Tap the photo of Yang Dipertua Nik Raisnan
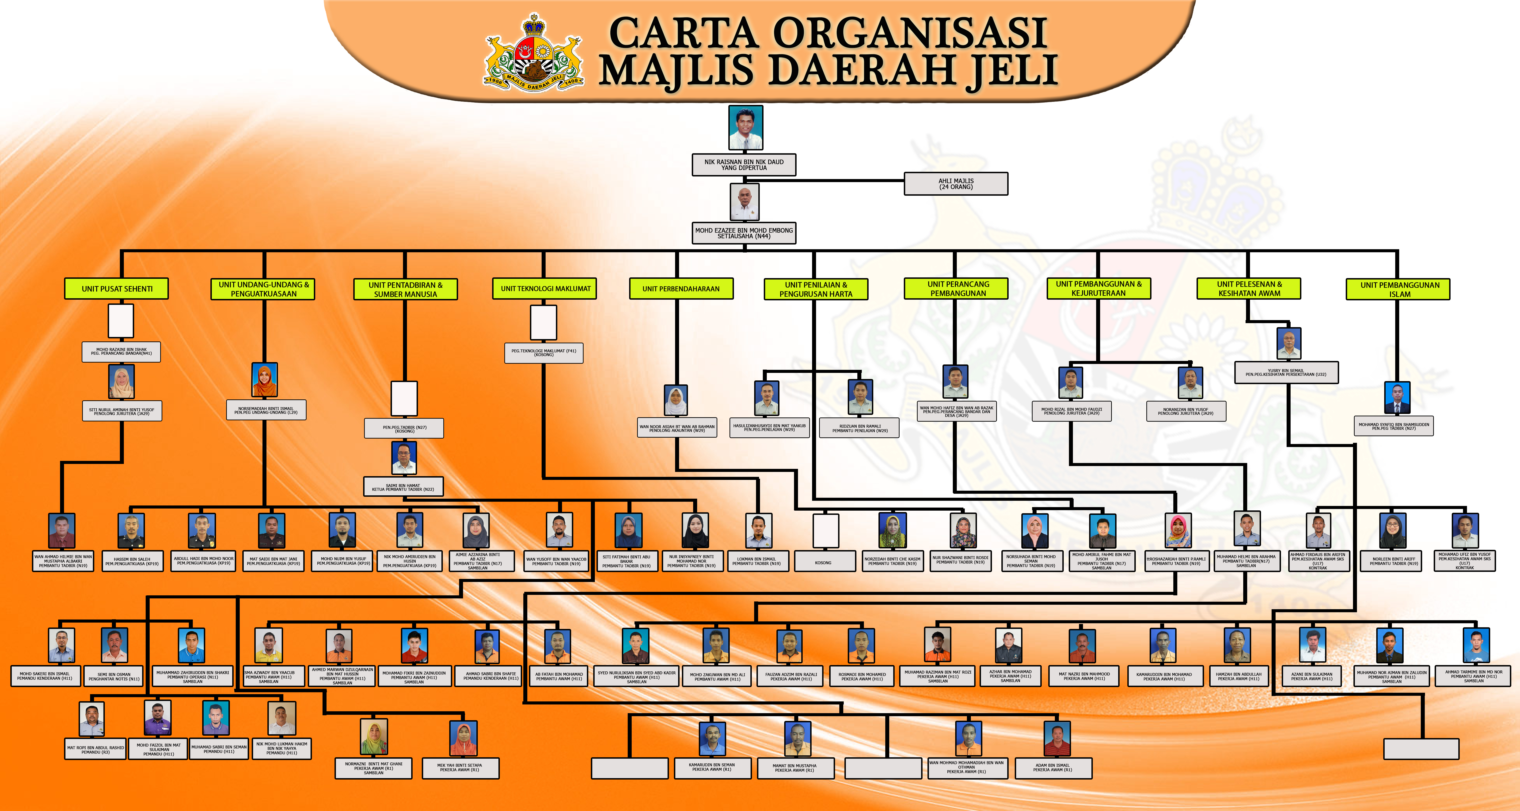(x=745, y=127)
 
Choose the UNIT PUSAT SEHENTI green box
(x=117, y=289)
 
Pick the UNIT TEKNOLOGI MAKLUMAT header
(x=545, y=289)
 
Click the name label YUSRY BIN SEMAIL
(x=1286, y=372)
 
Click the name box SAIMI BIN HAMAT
(x=403, y=487)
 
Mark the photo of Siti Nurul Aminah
(x=122, y=382)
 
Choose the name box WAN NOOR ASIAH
(x=677, y=428)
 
